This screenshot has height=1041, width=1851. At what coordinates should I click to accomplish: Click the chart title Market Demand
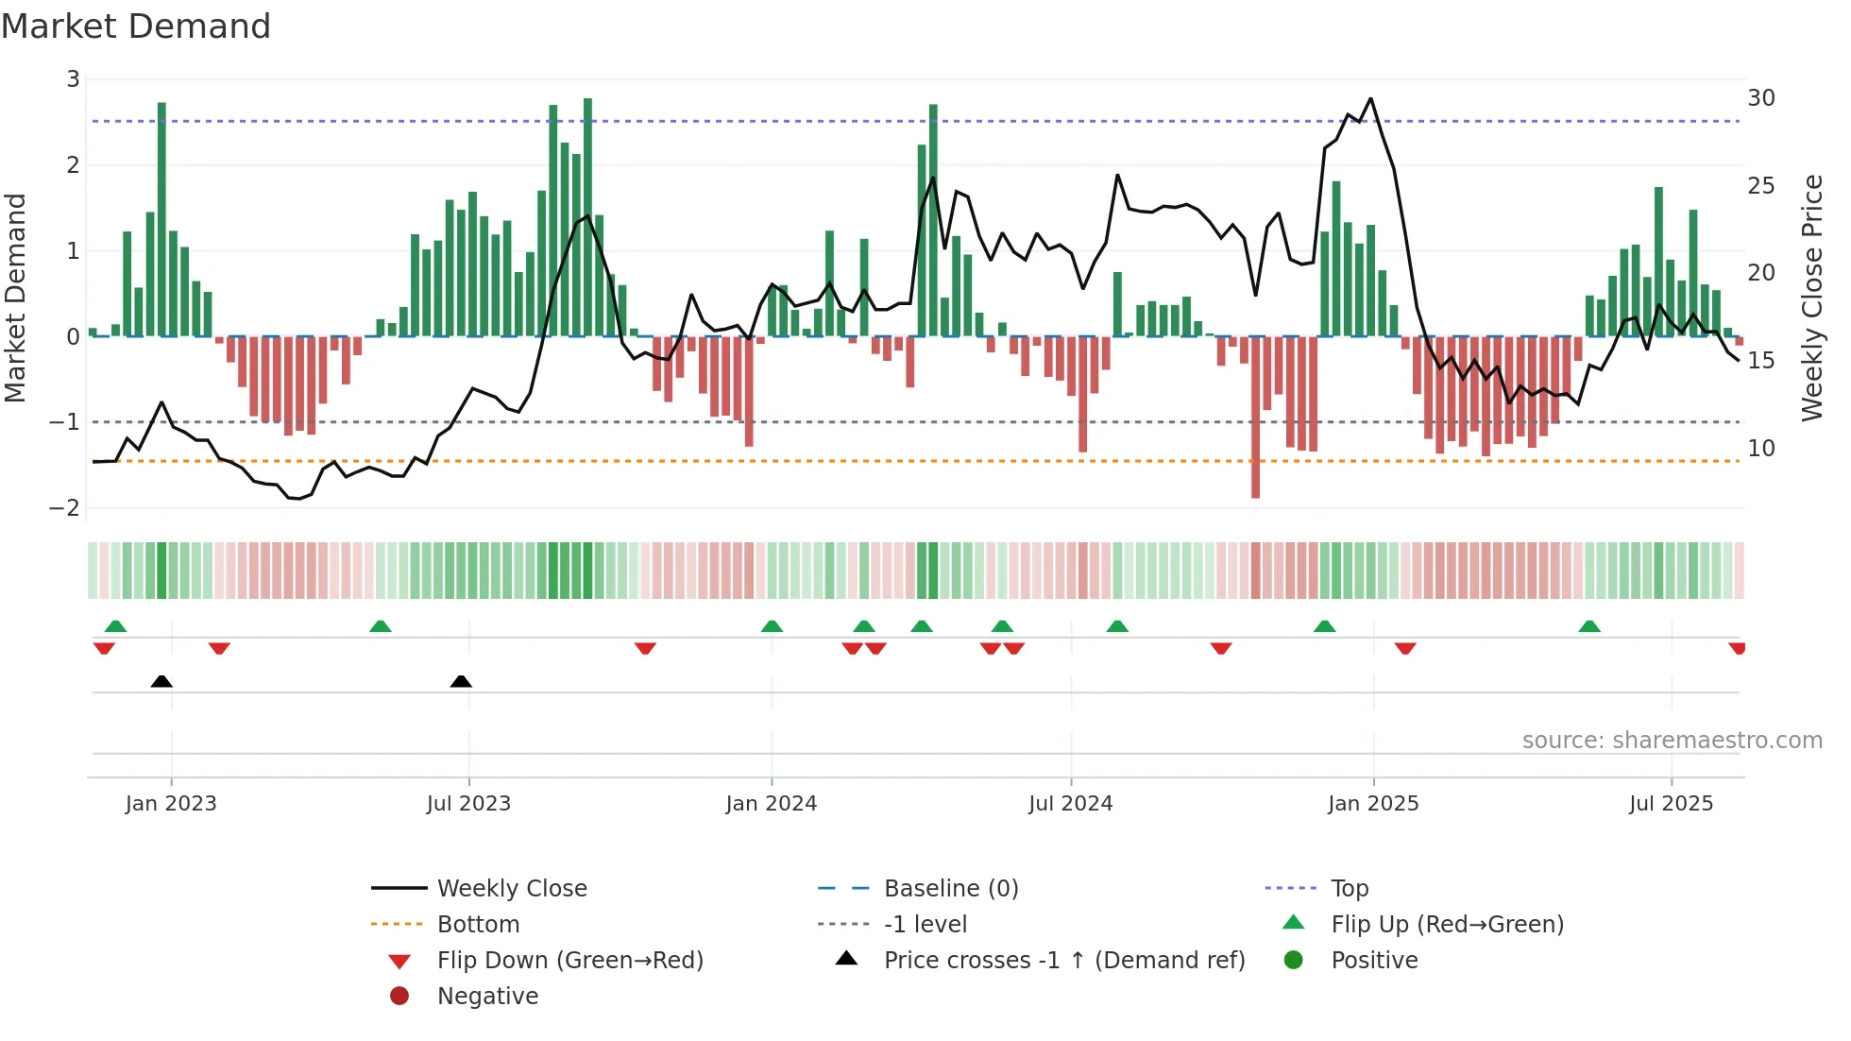[136, 26]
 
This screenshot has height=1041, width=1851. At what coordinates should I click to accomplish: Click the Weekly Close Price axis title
[1811, 298]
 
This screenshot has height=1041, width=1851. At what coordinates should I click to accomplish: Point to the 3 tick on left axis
[73, 79]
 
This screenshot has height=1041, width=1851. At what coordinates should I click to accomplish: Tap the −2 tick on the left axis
[64, 508]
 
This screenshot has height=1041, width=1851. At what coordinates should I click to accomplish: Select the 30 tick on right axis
[1760, 98]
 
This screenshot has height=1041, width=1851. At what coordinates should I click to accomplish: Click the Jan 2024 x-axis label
[771, 804]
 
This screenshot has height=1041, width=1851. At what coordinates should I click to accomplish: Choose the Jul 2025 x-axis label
[1670, 804]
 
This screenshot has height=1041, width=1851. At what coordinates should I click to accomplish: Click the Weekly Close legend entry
[511, 889]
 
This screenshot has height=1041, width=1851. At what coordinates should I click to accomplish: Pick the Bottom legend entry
[478, 925]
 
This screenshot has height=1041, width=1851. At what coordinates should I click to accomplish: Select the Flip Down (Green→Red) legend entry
[569, 961]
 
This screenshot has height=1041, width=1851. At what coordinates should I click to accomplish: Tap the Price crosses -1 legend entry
[1063, 961]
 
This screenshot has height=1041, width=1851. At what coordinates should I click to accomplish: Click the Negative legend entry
[487, 997]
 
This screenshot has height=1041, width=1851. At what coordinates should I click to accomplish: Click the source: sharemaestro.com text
[1672, 741]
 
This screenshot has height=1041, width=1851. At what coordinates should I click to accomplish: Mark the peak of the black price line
[1370, 98]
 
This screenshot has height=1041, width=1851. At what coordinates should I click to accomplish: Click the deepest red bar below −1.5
[1255, 491]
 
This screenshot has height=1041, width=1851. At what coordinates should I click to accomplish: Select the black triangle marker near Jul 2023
[461, 681]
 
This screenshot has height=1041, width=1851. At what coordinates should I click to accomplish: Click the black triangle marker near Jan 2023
[161, 681]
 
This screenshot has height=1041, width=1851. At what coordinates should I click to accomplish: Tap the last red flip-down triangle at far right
[1737, 648]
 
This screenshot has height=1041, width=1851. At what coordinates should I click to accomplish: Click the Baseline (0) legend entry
[950, 889]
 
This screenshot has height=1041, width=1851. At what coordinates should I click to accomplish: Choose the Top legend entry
[1349, 889]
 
